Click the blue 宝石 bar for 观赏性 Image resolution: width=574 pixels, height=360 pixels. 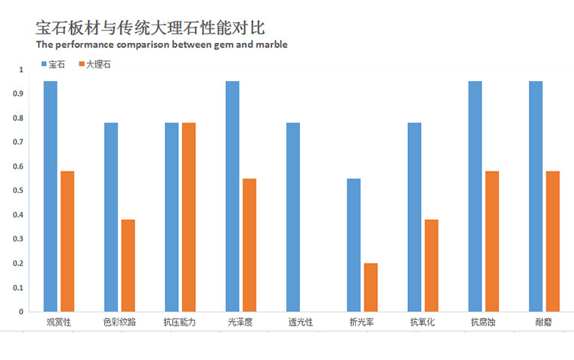51,196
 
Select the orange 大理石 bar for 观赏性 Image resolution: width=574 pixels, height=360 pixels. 67,241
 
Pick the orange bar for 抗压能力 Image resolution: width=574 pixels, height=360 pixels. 189,217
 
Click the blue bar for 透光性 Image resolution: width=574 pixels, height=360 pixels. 293,217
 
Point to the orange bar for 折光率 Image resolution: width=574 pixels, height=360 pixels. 370,287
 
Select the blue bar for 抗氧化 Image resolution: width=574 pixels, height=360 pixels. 415,217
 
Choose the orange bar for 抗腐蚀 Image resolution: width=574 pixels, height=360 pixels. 492,241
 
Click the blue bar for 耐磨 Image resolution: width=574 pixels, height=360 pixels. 536,196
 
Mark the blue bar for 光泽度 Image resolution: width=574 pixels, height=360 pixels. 233,196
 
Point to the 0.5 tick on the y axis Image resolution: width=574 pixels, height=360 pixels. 21,191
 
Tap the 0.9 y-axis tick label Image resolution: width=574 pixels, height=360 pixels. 21,93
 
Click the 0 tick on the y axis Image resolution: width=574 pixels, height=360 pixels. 21,312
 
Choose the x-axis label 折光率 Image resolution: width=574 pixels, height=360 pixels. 361,322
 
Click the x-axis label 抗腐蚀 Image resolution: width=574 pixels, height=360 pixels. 483,322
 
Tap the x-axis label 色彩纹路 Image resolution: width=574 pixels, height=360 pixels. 119,322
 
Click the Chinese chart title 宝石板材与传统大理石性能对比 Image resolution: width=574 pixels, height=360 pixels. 151,28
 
